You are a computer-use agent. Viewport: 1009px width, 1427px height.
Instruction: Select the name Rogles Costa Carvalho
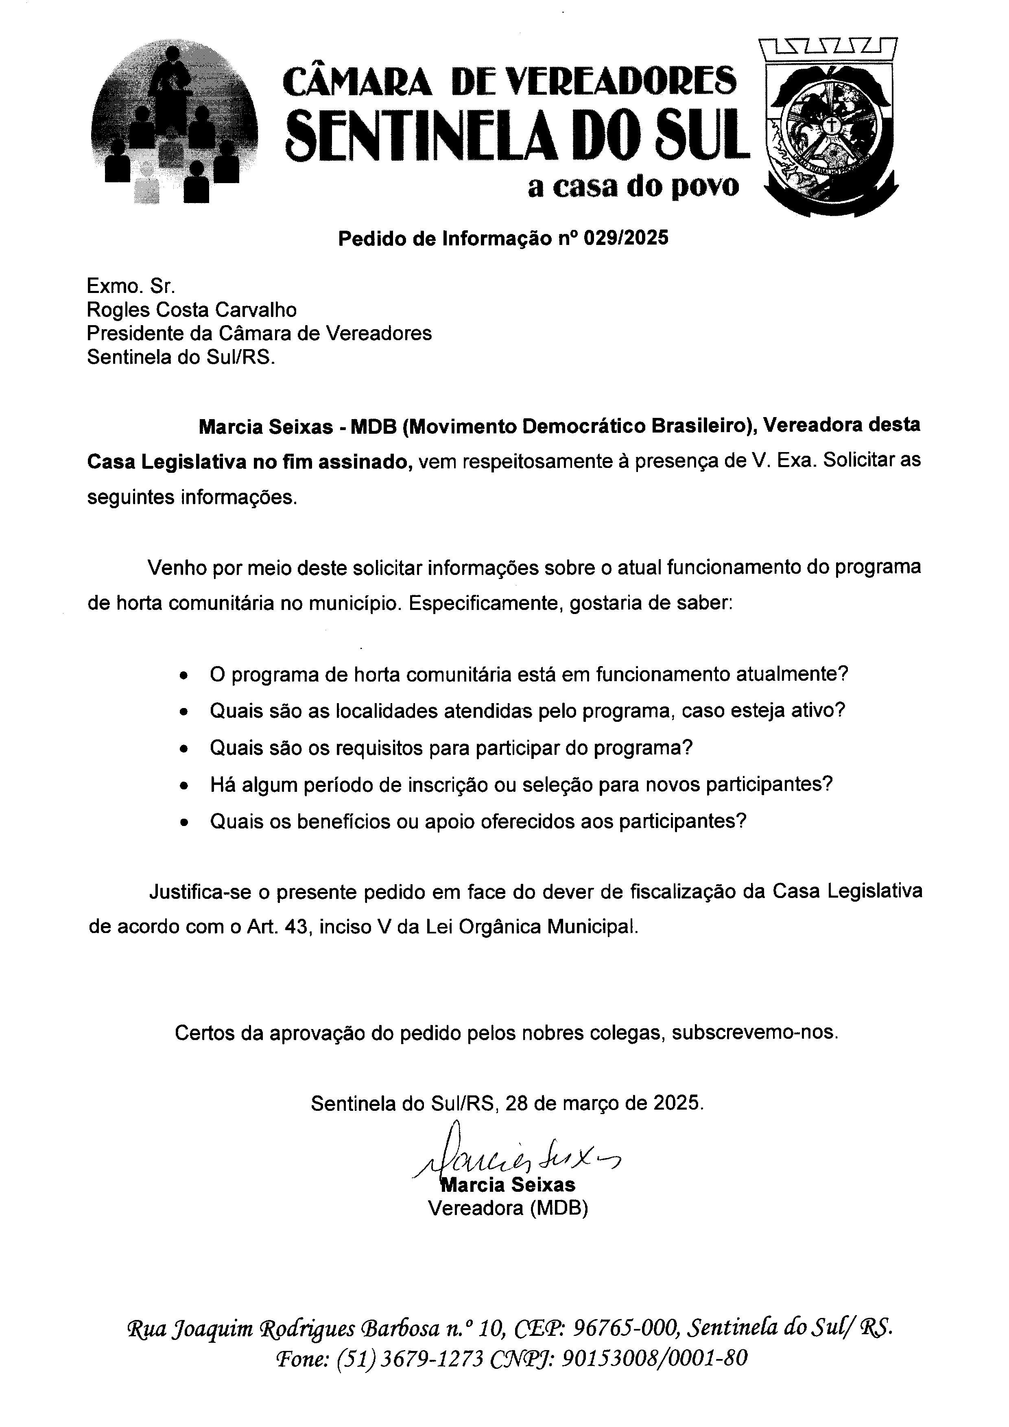pyautogui.click(x=191, y=310)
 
